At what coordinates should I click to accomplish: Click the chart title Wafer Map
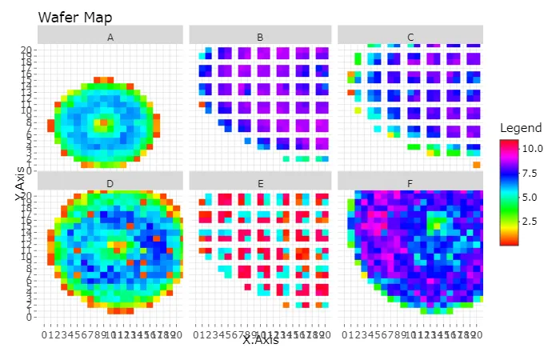coord(75,17)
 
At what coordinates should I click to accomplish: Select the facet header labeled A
coord(110,37)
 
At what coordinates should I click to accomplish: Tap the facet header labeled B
coord(260,37)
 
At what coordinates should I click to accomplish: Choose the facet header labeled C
coord(410,37)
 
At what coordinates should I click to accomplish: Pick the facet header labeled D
coord(110,182)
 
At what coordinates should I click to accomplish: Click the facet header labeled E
coord(260,182)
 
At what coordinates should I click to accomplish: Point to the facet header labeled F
coord(410,182)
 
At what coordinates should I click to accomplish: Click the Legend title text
coord(520,128)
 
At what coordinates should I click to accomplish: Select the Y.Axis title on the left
coord(18,184)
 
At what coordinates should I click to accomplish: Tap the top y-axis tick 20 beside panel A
coord(26,50)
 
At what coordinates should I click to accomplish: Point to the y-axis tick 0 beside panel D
coord(30,317)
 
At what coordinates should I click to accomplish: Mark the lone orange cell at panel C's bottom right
coord(477,165)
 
